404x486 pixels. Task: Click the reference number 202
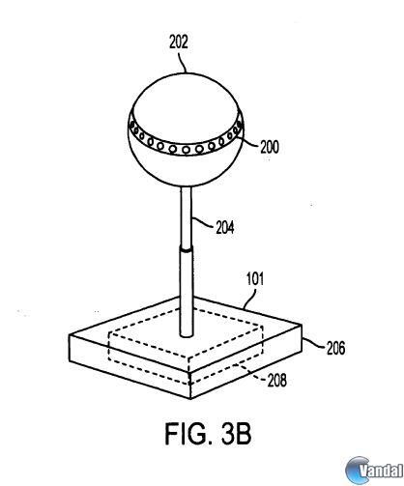179,42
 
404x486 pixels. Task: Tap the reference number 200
270,148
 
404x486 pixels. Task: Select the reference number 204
225,228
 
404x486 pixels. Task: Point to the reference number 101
255,279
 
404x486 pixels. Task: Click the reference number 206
336,348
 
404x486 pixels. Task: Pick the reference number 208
277,380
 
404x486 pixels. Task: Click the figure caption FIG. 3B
208,434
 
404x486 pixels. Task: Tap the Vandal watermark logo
374,471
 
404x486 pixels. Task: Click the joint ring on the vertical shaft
187,248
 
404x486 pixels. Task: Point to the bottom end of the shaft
187,335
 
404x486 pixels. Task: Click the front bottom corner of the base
190,399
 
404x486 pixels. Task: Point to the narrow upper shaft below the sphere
187,216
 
